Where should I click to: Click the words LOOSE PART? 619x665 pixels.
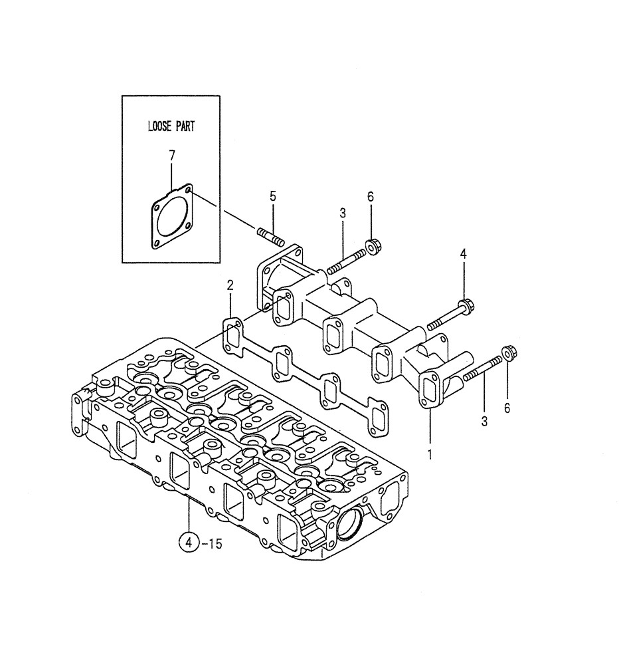pos(171,126)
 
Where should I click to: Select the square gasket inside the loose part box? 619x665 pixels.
pos(171,218)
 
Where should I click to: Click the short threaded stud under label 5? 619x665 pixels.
pos(271,235)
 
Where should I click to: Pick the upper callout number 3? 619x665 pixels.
pos(343,213)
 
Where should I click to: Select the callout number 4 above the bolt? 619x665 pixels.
pos(464,253)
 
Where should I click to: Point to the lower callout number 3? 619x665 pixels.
pos(484,421)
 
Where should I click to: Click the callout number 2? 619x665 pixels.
pos(230,285)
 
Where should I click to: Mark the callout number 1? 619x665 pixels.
pos(430,455)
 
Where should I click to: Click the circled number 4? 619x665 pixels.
pos(189,543)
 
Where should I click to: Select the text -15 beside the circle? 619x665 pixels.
pos(212,543)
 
